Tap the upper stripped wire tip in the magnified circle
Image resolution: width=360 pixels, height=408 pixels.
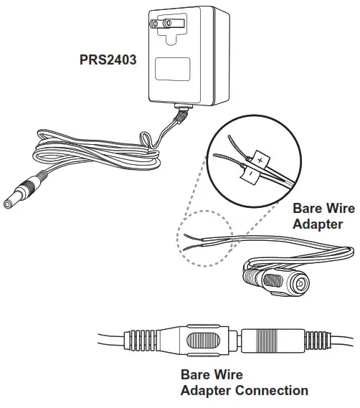pos(229,143)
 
